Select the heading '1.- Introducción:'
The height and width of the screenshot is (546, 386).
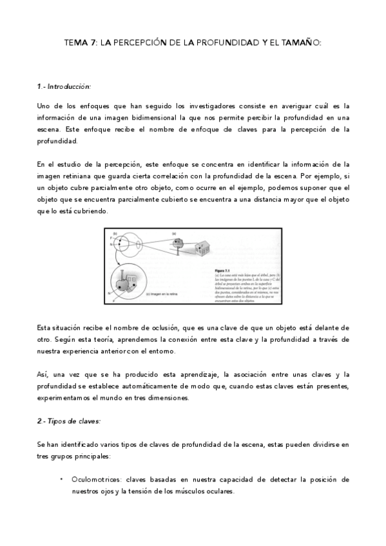point(63,86)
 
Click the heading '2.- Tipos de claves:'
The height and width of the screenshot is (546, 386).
point(68,420)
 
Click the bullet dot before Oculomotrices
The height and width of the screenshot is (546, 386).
point(61,479)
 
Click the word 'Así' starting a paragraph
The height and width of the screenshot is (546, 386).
point(43,375)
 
